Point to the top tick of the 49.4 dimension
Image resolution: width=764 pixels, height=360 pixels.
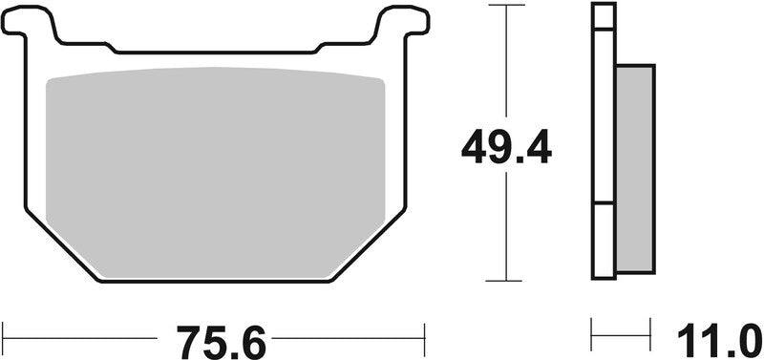coord(506,6)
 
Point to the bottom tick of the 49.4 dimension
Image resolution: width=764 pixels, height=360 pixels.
coord(506,281)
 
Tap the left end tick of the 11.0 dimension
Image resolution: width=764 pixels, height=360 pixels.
coord(594,336)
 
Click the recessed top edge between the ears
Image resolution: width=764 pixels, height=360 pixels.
coord(216,49)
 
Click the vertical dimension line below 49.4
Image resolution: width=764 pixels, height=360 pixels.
coord(506,229)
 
